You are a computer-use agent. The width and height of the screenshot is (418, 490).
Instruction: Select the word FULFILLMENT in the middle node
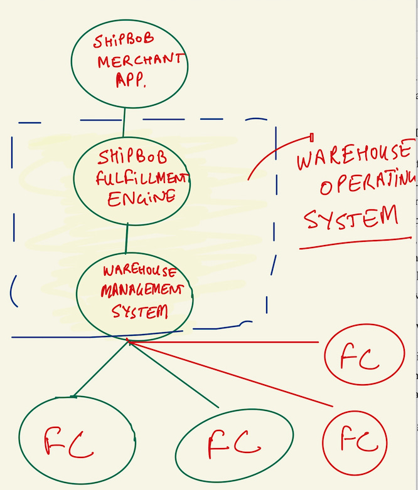tap(142, 178)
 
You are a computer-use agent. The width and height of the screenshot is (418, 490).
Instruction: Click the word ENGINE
tap(141, 199)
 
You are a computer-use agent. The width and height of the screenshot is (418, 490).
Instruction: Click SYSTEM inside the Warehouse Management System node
tap(140, 311)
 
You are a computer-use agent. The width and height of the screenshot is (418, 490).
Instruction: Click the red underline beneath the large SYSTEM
tap(355, 243)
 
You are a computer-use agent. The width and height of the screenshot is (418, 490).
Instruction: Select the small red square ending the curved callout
tap(313, 137)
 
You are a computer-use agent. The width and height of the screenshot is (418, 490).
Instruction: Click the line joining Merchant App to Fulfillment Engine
tap(124, 122)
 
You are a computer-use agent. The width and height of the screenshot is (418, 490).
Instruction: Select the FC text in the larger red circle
tap(360, 358)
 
